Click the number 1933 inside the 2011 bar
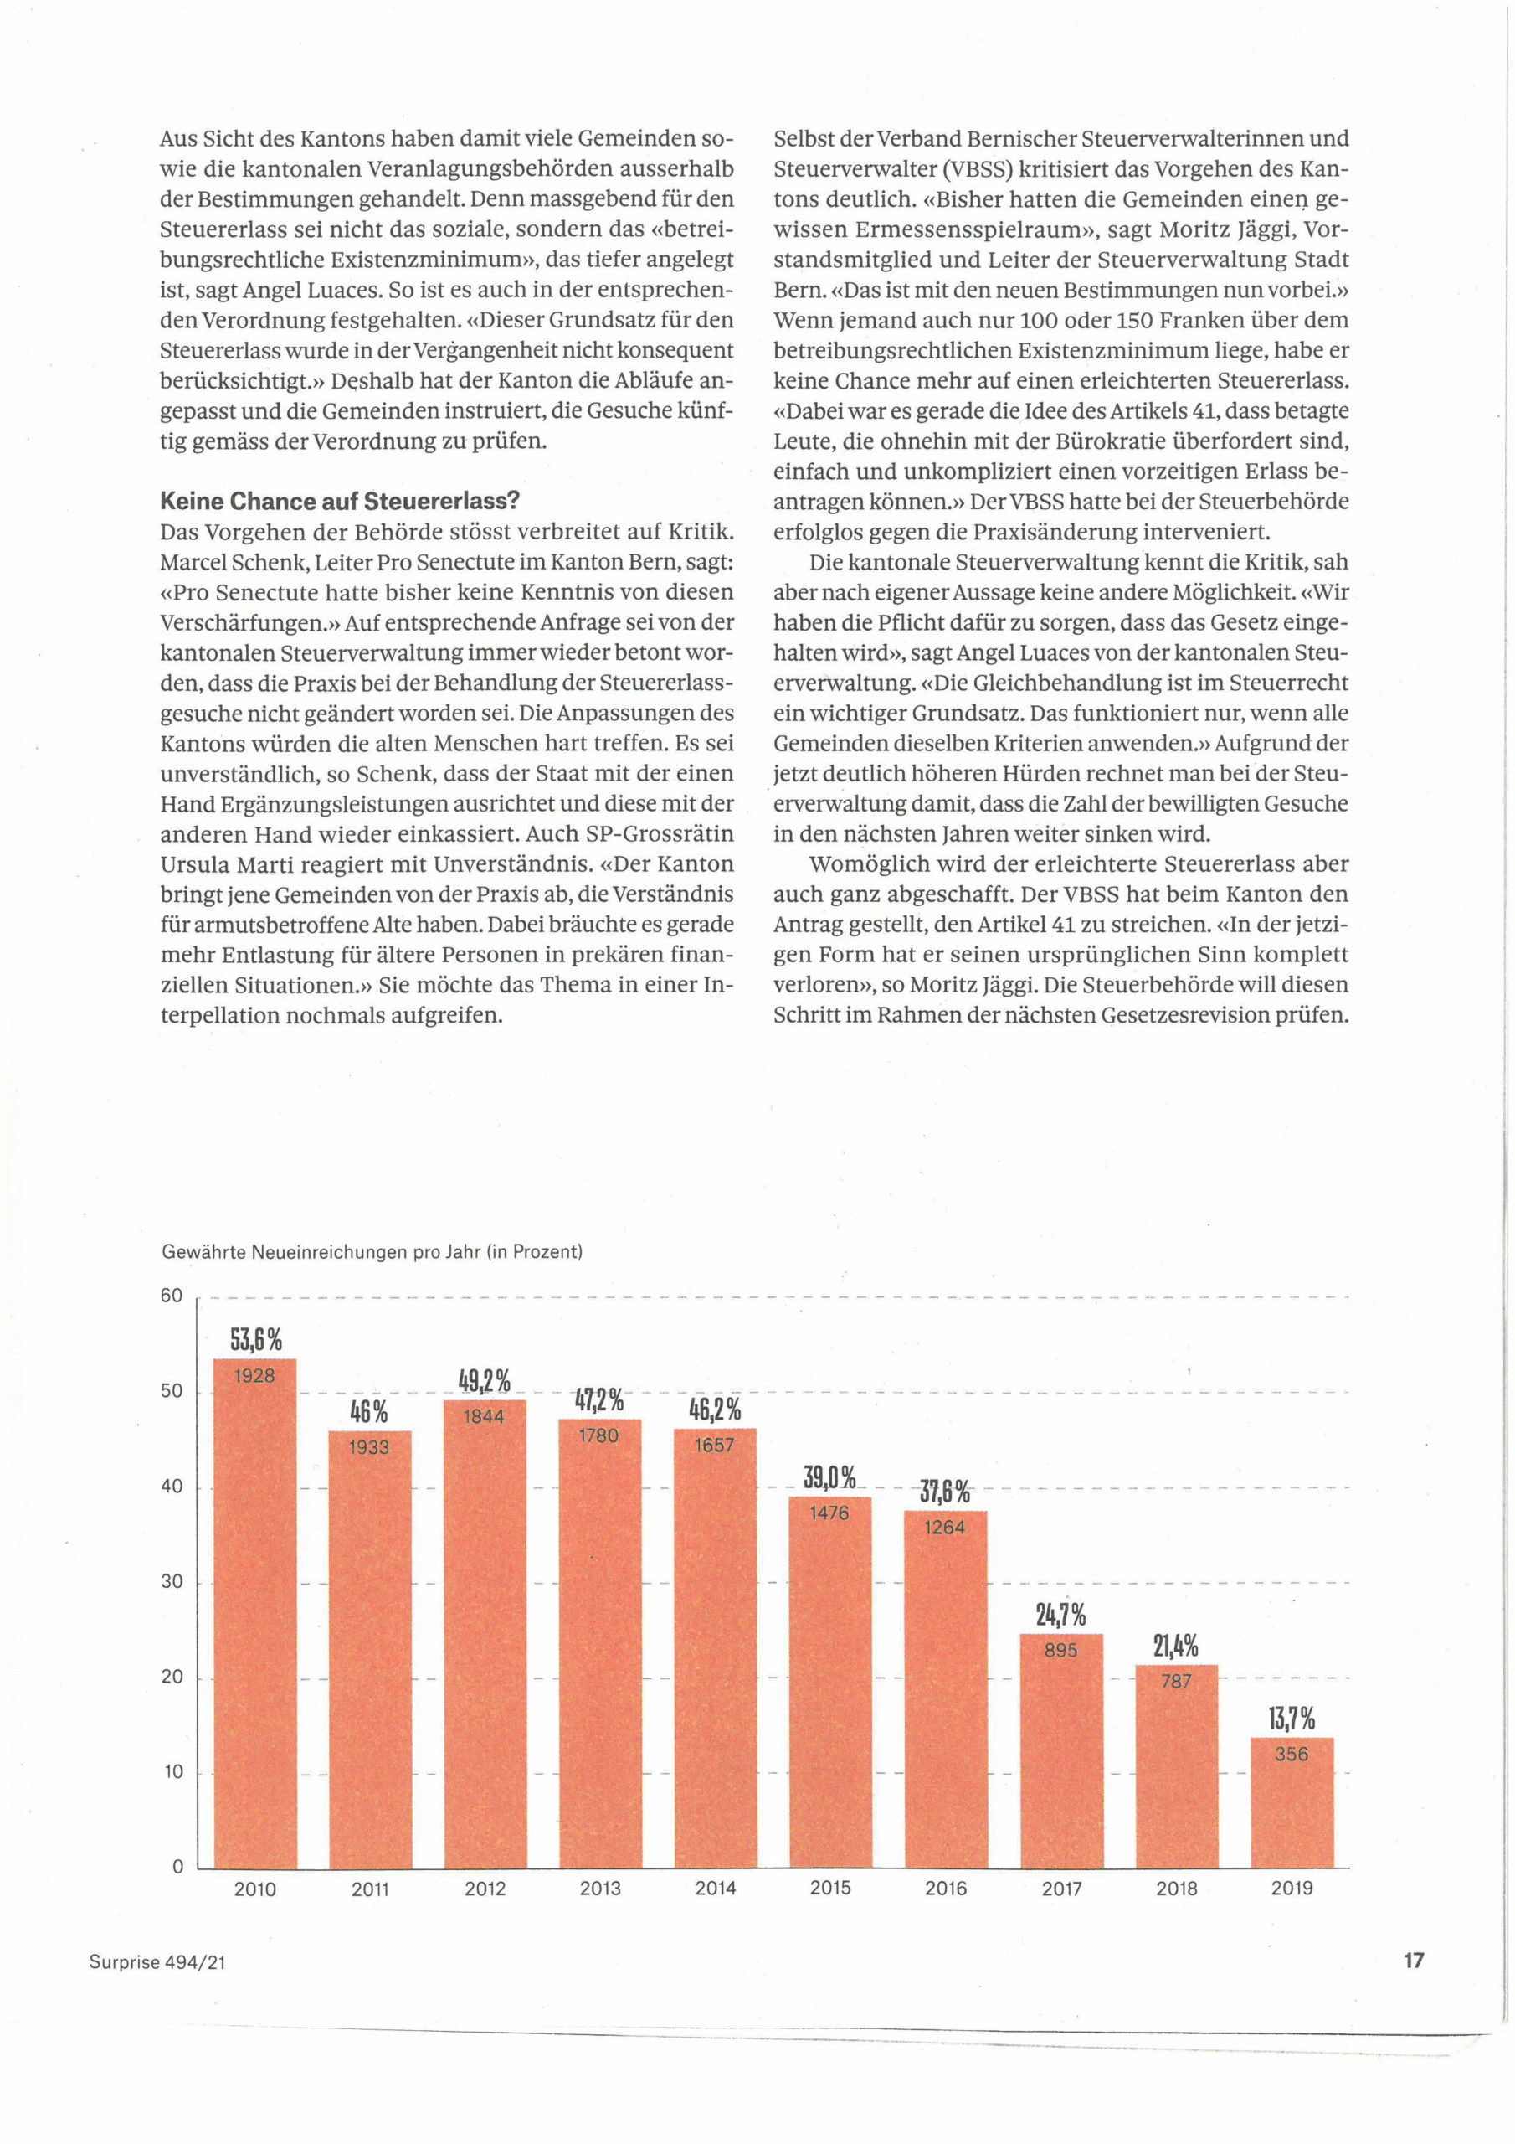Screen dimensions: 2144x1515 (369, 1446)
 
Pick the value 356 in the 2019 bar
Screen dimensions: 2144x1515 (1292, 1754)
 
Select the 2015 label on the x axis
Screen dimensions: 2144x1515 (829, 1888)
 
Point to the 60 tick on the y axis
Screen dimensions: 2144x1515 (172, 1295)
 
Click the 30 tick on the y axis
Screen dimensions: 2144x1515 (172, 1581)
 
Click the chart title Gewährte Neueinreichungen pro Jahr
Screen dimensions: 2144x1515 (372, 1251)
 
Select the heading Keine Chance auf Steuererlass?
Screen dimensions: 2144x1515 (340, 502)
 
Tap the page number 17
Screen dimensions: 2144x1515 (1413, 1960)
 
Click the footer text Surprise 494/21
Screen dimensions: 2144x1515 (157, 1962)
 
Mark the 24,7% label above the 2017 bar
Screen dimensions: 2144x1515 (1060, 1615)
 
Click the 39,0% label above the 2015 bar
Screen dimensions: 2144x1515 (829, 1477)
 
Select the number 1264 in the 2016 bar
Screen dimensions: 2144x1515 (945, 1527)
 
